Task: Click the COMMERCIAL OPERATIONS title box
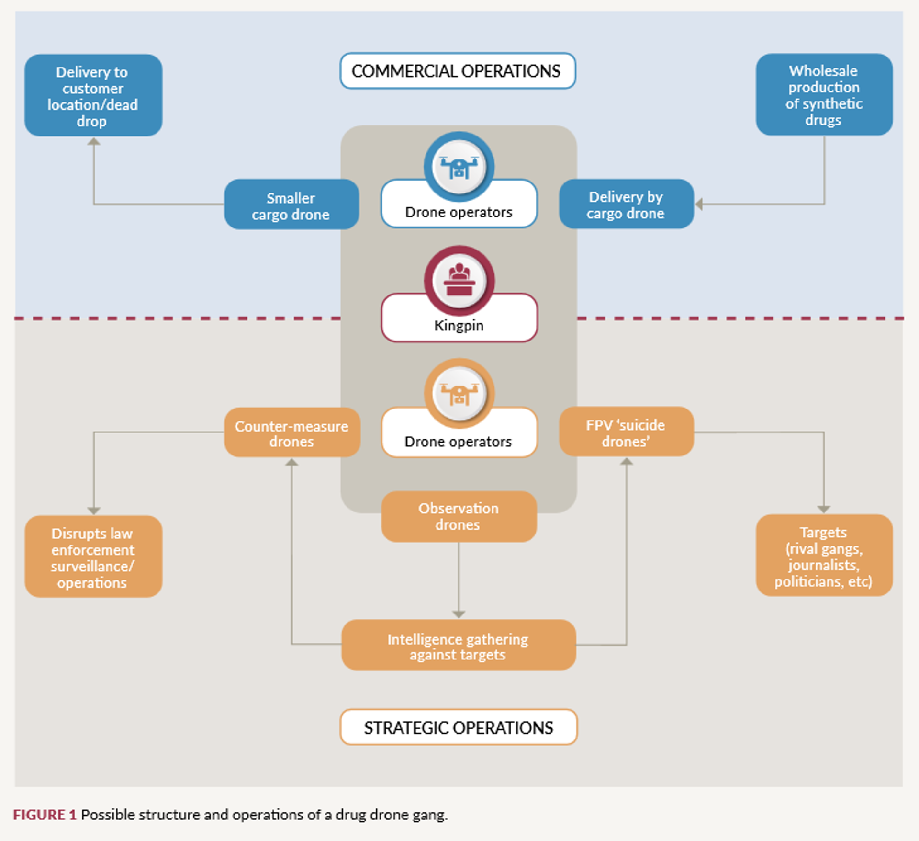coord(458,71)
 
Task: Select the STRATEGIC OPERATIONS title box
coord(458,727)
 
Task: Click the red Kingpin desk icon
coord(459,280)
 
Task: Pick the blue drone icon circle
coord(459,166)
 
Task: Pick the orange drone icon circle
coord(459,393)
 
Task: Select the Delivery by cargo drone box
coord(626,205)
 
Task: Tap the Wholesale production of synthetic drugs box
coord(824,95)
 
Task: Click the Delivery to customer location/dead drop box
coord(93,96)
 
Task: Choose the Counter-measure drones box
coord(291,433)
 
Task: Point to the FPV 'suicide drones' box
coord(626,432)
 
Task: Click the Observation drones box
coord(458,516)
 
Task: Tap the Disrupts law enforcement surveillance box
coord(93,557)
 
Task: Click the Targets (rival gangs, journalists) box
coord(824,556)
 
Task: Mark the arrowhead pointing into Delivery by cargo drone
coord(699,205)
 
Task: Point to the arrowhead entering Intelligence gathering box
coord(459,614)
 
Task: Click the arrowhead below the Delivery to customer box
coord(94,142)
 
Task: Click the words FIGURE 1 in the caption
coord(45,815)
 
